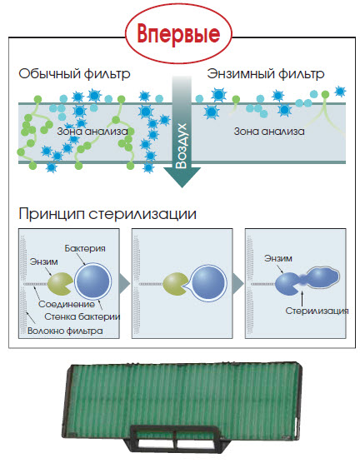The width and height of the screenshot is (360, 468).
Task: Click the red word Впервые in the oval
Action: (178, 34)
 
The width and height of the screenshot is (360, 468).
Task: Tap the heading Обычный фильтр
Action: (74, 73)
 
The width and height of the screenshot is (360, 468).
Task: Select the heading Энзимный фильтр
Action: (266, 73)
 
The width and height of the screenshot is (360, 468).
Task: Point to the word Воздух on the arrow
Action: (182, 146)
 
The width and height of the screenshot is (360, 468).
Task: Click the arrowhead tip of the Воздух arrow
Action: (182, 187)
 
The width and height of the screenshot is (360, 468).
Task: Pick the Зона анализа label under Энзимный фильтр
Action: (269, 132)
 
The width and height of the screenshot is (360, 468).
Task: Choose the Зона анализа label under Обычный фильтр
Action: (92, 132)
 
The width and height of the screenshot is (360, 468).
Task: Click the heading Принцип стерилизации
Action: (107, 214)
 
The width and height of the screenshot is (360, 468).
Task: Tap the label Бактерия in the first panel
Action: (85, 248)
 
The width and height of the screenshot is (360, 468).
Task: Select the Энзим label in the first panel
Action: (44, 261)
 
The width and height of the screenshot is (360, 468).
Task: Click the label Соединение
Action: (67, 304)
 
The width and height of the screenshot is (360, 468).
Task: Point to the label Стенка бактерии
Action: (82, 316)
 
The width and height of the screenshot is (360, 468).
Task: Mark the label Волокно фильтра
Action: (65, 331)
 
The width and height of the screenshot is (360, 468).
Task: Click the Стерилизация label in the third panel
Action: (317, 311)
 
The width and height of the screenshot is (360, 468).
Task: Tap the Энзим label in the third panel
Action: (278, 258)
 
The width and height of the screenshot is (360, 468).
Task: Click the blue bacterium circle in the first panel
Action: (92, 281)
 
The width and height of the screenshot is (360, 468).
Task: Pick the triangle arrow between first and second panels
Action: (124, 283)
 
